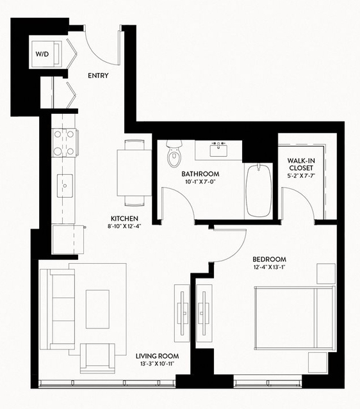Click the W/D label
coord(42,54)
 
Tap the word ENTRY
coord(98,76)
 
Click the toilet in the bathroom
coord(174,154)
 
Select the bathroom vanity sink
coord(218,149)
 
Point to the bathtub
coord(258,190)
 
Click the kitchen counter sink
coord(65,186)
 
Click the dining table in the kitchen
coord(134,173)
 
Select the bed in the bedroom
coord(295,317)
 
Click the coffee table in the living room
coord(97,309)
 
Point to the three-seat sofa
coord(58,309)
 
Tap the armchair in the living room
coord(97,358)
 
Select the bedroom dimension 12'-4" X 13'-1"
coord(269,267)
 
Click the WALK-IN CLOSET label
coord(301,164)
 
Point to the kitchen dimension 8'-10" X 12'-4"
coord(124,227)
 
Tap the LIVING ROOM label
coord(157,356)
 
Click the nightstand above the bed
coord(326,273)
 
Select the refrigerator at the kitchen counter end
coord(68,239)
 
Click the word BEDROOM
coord(269,259)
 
